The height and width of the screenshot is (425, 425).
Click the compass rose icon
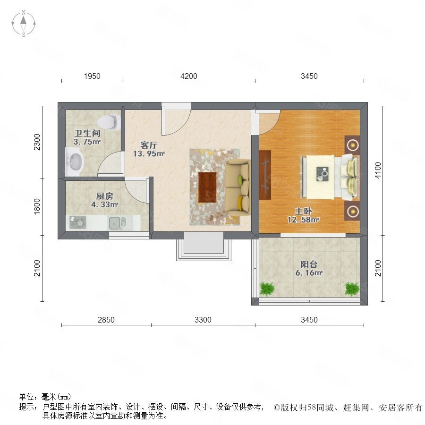[24, 24]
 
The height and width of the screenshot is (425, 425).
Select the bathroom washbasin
[74, 162]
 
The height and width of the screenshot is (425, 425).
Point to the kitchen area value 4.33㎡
[105, 204]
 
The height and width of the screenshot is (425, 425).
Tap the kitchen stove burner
[77, 222]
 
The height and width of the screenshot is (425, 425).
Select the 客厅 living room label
[149, 145]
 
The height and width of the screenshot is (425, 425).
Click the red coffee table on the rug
[207, 187]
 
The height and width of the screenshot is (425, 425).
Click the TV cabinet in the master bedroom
[265, 175]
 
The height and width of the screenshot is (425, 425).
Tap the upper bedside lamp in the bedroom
[352, 145]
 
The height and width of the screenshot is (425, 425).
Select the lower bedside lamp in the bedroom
[352, 211]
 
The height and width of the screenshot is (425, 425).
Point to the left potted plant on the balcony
[267, 289]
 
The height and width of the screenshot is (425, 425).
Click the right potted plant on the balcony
[352, 289]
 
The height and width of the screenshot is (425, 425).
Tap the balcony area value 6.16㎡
[309, 273]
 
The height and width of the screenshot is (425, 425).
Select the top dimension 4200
[189, 76]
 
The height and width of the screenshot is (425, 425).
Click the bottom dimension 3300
[203, 320]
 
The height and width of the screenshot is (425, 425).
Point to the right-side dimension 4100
[378, 170]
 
